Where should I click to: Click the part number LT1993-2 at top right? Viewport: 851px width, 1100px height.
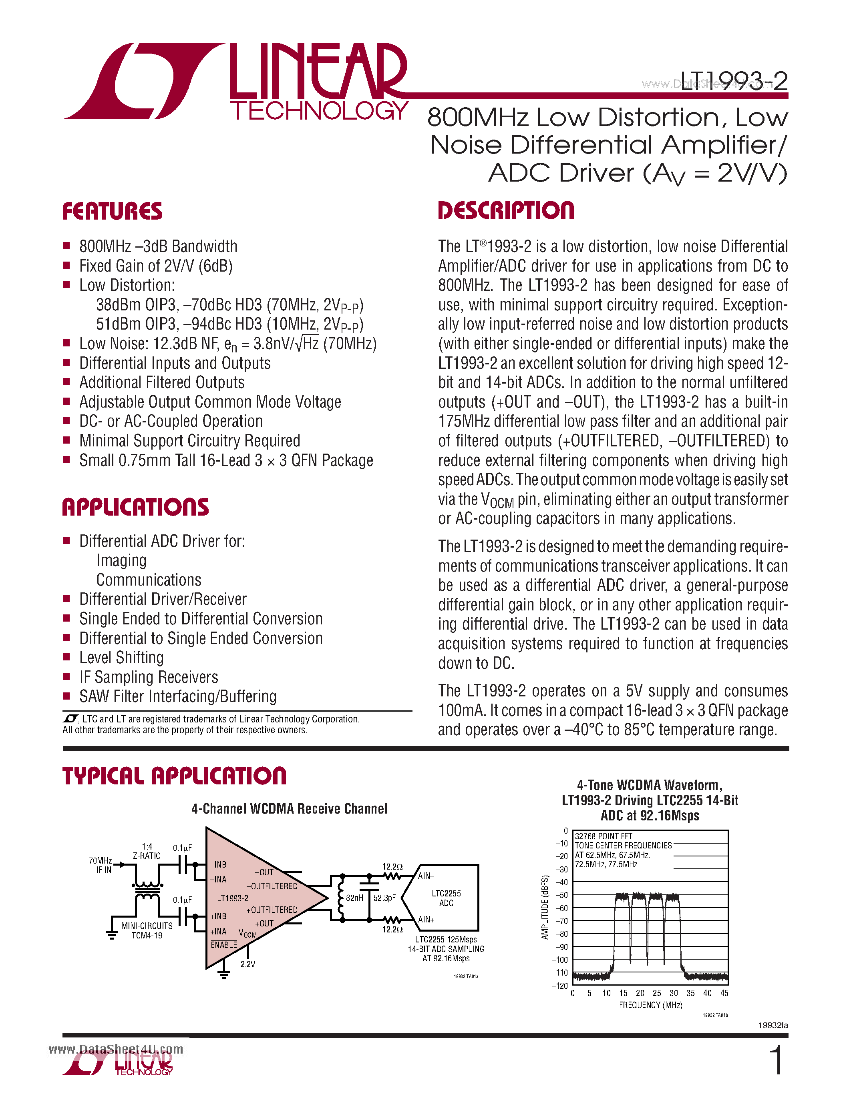(x=734, y=81)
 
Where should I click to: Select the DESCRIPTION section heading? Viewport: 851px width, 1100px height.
(x=506, y=210)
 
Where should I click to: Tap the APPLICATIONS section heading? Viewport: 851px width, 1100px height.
(x=135, y=507)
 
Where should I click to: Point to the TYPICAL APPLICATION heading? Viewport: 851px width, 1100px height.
(x=174, y=776)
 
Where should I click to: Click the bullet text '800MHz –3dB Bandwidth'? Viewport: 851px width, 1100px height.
(x=158, y=246)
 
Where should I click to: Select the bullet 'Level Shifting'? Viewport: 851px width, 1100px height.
(x=121, y=657)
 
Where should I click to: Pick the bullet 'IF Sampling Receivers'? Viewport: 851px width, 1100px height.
(x=148, y=677)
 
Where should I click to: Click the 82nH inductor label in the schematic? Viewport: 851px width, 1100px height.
(x=354, y=898)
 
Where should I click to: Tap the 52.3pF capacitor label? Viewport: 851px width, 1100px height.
(x=384, y=898)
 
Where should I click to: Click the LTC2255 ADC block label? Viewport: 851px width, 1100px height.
(x=446, y=898)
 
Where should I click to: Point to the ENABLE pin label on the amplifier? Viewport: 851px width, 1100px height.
(x=223, y=945)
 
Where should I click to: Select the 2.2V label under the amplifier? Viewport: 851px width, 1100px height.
(x=247, y=964)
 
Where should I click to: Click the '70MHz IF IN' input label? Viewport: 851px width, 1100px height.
(x=101, y=865)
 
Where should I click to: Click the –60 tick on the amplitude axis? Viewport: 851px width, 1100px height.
(x=561, y=908)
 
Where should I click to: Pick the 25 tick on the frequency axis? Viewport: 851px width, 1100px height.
(x=656, y=993)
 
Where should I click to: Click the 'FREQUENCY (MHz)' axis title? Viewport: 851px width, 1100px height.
(x=650, y=1005)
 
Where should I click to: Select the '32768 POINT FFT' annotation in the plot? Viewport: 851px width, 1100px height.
(x=604, y=836)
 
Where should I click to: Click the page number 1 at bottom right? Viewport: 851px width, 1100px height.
(x=777, y=1060)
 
